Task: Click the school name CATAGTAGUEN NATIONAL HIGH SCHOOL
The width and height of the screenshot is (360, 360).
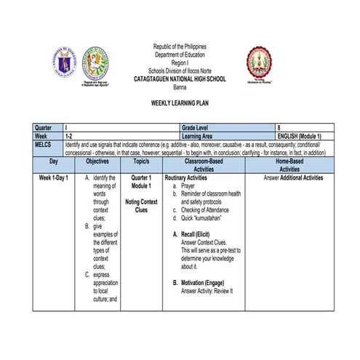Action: coord(180,77)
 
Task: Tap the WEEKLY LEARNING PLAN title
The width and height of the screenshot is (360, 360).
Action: coord(180,105)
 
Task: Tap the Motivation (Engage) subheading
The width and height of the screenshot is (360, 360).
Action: coord(204,283)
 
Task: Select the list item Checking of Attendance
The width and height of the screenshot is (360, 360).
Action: coord(212,209)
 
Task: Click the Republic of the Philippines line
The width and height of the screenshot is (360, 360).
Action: coord(180,46)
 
